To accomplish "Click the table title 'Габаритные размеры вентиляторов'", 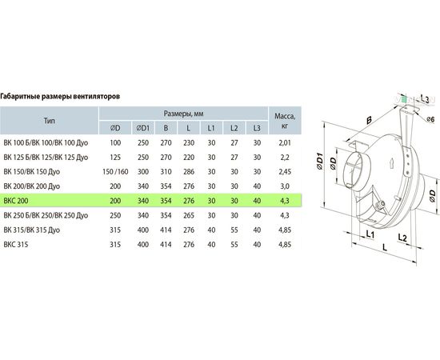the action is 60,97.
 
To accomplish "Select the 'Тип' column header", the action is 49,121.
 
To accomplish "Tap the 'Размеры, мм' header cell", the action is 183,114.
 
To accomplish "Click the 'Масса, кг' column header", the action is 285,121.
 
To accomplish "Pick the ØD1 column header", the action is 143,128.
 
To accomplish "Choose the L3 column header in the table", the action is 257,128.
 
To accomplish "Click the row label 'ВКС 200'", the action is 16,201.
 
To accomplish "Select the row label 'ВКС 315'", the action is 16,245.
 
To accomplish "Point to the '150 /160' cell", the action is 115,172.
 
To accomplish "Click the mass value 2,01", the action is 285,143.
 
